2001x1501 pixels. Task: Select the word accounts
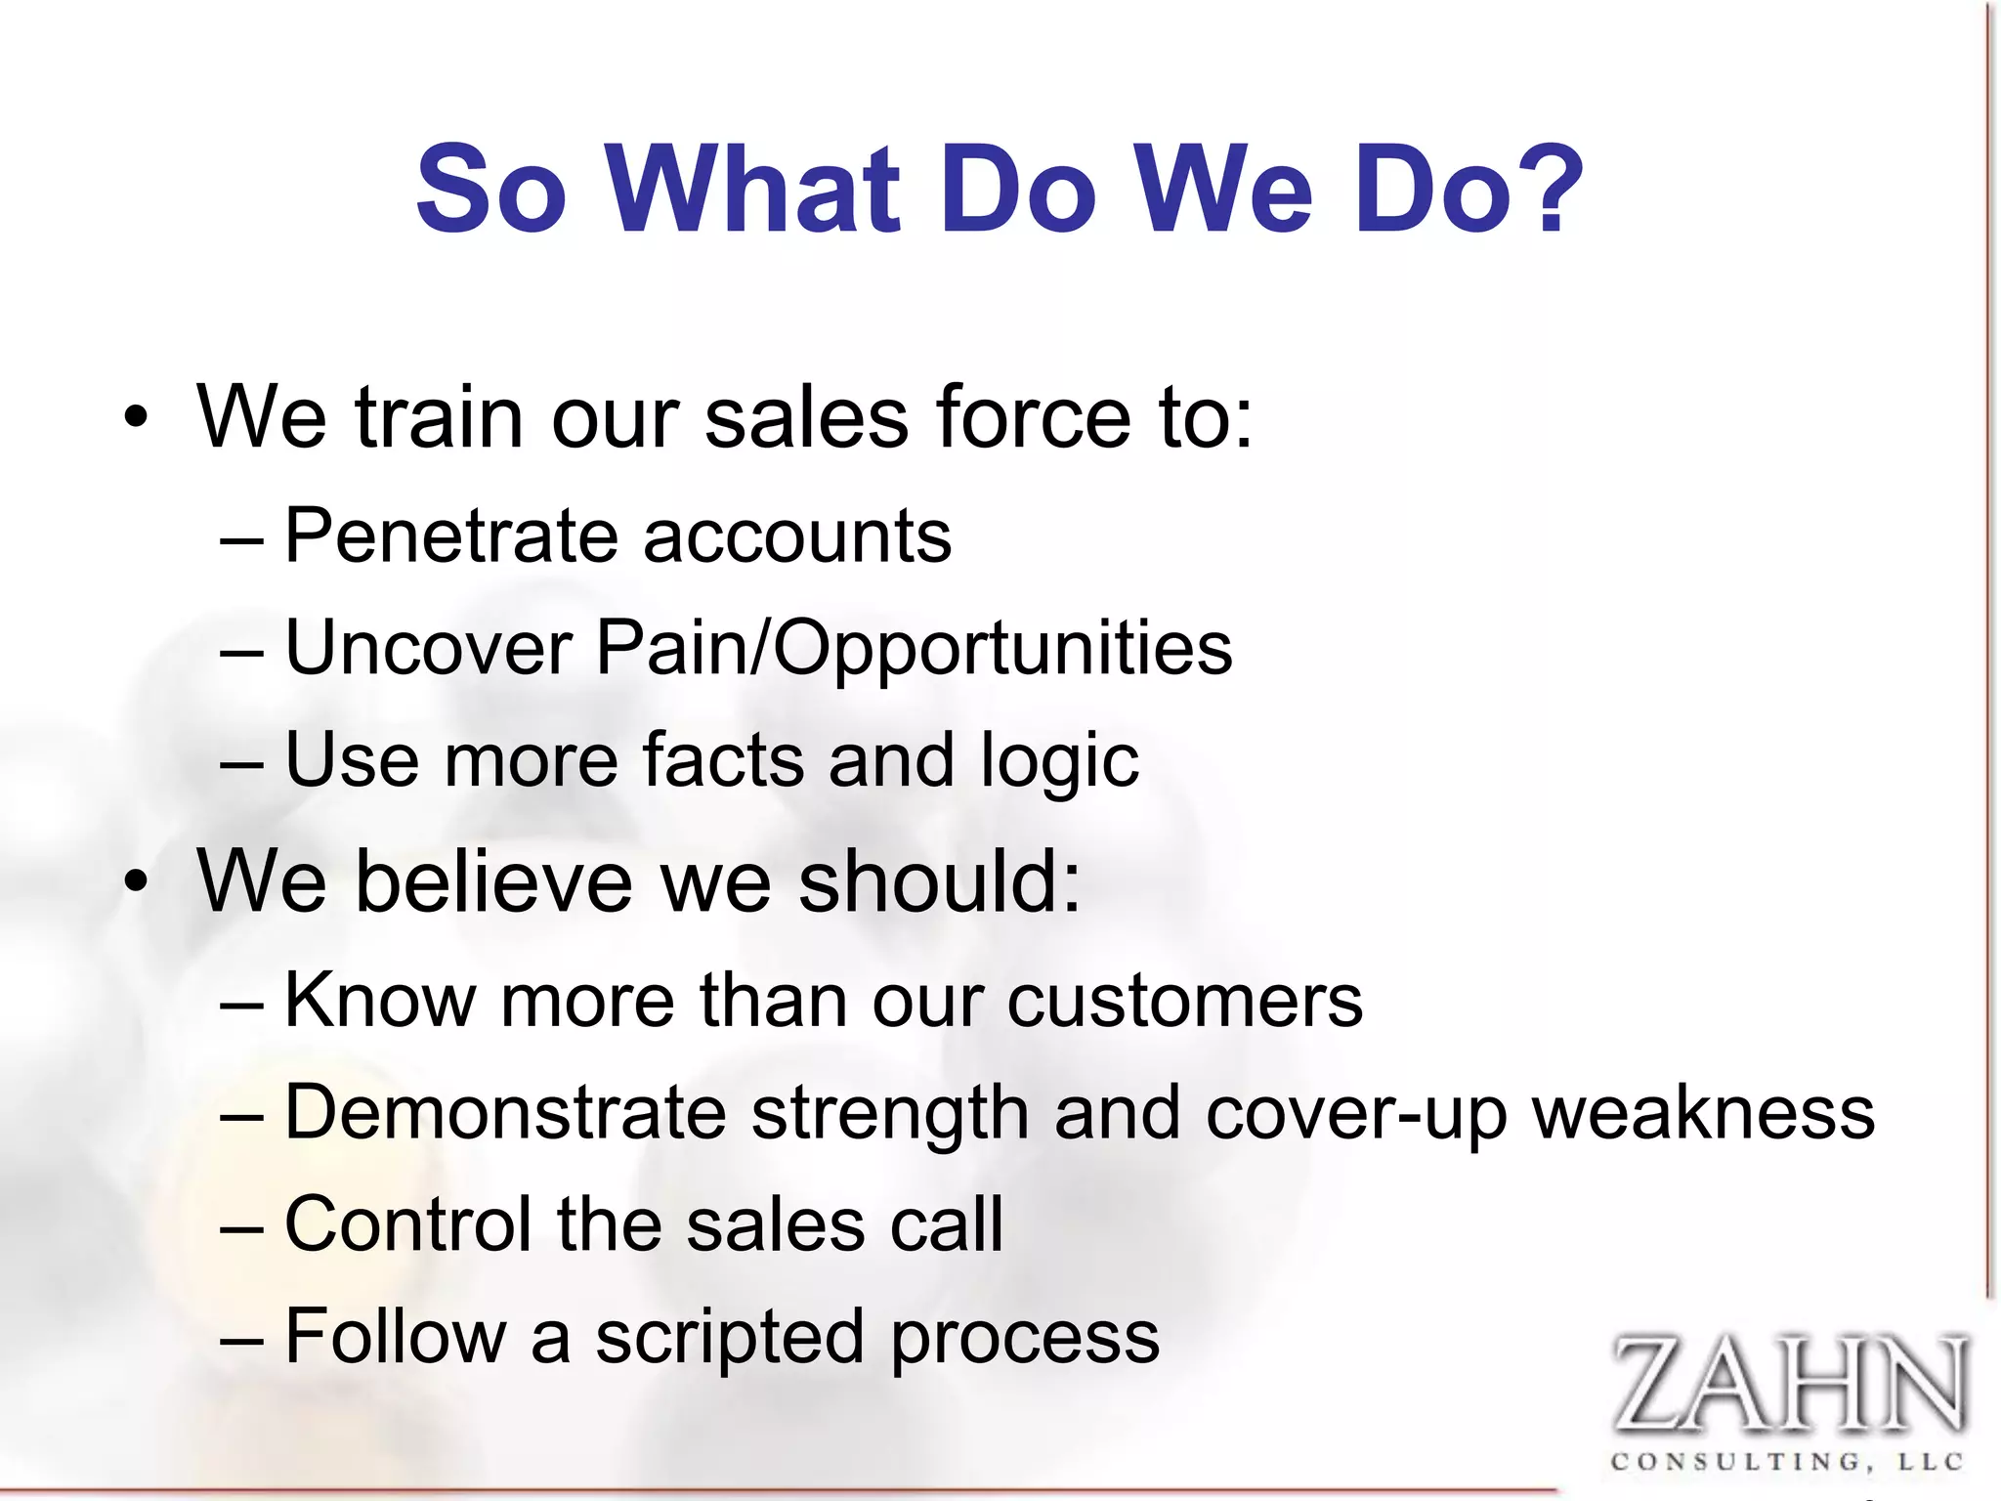tap(797, 537)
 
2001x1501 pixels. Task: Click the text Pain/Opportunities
tap(914, 650)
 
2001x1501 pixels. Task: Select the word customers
tap(1184, 1001)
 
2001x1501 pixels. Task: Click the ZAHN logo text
tap(1787, 1384)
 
